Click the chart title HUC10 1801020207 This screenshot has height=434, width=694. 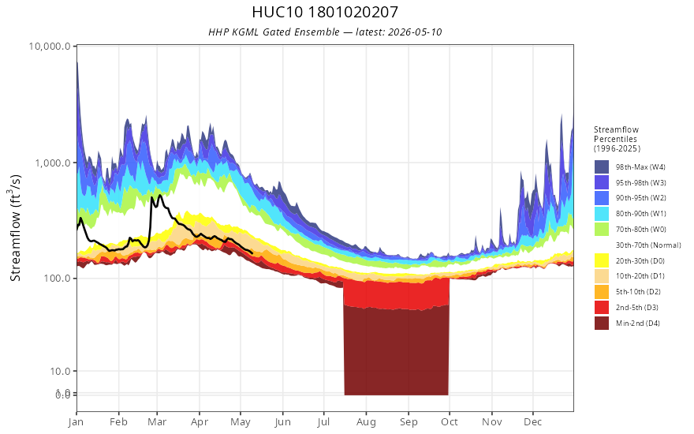(325, 12)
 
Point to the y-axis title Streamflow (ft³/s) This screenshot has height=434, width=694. (15, 228)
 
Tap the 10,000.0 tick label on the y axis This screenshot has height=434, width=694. (50, 46)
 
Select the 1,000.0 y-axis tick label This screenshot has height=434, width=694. (53, 163)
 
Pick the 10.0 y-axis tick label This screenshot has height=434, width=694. (60, 371)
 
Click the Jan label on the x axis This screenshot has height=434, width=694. (76, 422)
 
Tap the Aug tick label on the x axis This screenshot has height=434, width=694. (367, 422)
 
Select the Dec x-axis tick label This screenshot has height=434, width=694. (533, 422)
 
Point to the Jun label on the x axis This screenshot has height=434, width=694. (282, 422)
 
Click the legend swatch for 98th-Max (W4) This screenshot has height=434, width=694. (602, 167)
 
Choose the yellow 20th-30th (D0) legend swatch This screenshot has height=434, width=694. (602, 260)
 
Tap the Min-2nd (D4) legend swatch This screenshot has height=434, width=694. (602, 323)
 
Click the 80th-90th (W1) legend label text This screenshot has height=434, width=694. (640, 214)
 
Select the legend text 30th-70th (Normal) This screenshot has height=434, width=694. (648, 245)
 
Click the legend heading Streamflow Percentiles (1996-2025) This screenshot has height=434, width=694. (617, 139)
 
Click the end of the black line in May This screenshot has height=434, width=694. (252, 253)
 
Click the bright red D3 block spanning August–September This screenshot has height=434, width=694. (396, 294)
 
